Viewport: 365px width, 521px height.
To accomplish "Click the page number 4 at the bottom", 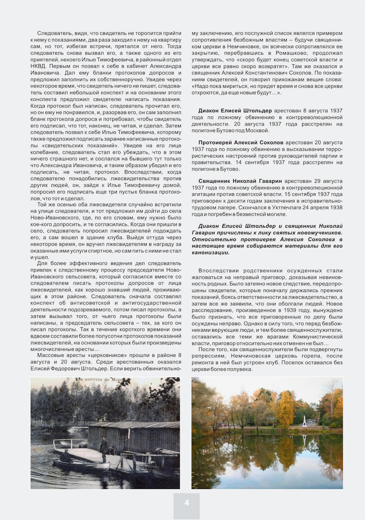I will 187,503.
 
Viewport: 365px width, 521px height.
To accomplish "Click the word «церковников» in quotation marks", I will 97,355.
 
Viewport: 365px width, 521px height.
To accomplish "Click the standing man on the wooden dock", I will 103,447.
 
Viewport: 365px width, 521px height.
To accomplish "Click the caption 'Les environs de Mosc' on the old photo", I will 104,380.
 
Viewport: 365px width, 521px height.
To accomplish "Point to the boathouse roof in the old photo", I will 134,425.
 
